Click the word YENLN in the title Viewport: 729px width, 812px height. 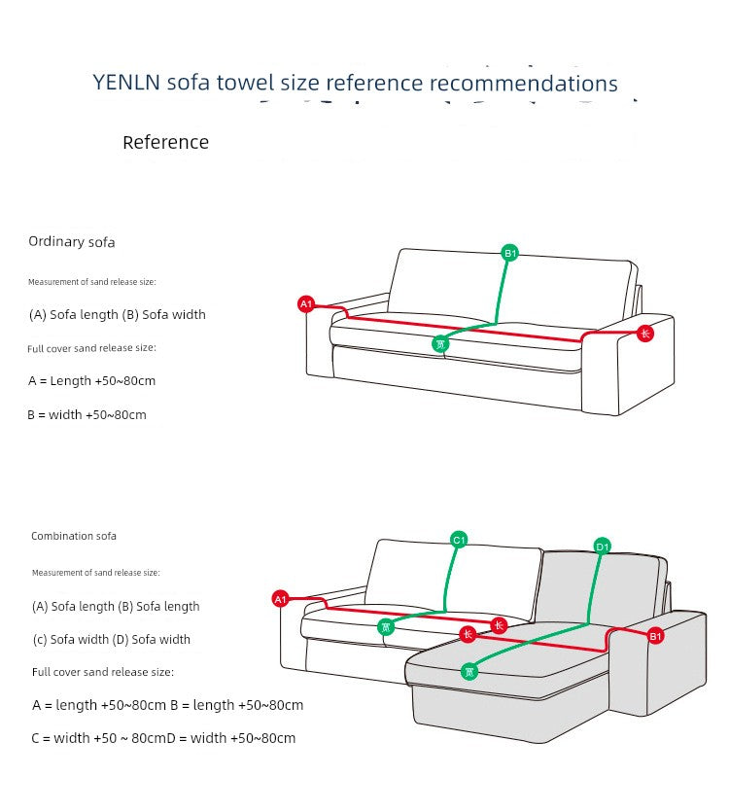pyautogui.click(x=127, y=84)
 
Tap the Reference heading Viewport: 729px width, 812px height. pyautogui.click(x=165, y=143)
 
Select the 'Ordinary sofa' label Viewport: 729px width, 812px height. pyautogui.click(x=72, y=242)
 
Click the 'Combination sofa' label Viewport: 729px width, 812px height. pyautogui.click(x=74, y=536)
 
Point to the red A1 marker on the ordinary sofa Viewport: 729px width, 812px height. pyautogui.click(x=306, y=304)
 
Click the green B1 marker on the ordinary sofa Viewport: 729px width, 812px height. pyautogui.click(x=510, y=254)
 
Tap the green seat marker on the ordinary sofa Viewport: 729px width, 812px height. pyautogui.click(x=440, y=343)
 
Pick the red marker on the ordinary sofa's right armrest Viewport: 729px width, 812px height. pyautogui.click(x=645, y=334)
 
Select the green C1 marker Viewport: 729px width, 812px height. pyautogui.click(x=460, y=540)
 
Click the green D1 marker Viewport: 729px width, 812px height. pyautogui.click(x=603, y=547)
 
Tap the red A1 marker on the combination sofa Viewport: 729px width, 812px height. pyautogui.click(x=281, y=599)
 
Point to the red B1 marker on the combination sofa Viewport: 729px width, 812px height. pyautogui.click(x=655, y=636)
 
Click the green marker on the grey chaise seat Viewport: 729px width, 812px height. pyautogui.click(x=469, y=671)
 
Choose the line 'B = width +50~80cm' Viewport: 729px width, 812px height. pyautogui.click(x=87, y=415)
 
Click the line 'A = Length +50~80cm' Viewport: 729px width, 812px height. pyautogui.click(x=92, y=381)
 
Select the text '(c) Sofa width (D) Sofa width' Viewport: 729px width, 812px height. pyautogui.click(x=112, y=640)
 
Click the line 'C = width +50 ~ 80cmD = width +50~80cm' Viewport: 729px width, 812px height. pyautogui.click(x=163, y=739)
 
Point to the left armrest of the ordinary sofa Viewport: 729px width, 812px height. pyautogui.click(x=321, y=345)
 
